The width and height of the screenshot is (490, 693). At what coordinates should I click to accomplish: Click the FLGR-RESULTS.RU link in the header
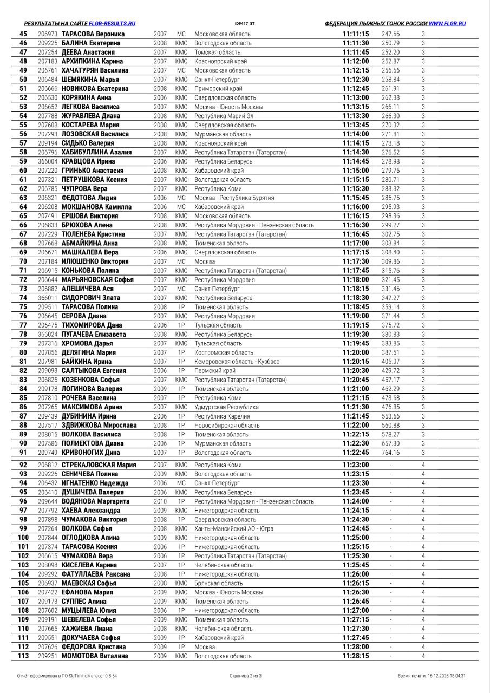coord(112,24)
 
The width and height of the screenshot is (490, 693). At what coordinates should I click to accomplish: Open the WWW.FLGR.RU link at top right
coord(447,24)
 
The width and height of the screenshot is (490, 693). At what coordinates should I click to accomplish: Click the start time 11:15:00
coord(356,171)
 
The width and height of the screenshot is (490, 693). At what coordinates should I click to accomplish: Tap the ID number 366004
coord(48,161)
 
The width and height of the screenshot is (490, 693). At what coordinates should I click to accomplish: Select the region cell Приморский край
coord(218,89)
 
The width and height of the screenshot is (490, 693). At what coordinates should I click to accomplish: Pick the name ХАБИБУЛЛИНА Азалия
coord(96,153)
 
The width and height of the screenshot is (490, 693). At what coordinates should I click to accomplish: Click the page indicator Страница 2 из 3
coord(245,676)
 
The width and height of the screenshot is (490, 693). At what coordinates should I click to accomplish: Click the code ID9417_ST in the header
coord(245,24)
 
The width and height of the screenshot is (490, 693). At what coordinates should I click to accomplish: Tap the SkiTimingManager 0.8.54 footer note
coord(67,676)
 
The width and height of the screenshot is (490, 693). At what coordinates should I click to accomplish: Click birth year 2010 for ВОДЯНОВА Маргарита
coord(160,501)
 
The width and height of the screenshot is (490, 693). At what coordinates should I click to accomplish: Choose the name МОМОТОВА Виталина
coord(95,656)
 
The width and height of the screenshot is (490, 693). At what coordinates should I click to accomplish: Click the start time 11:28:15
coord(356,656)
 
